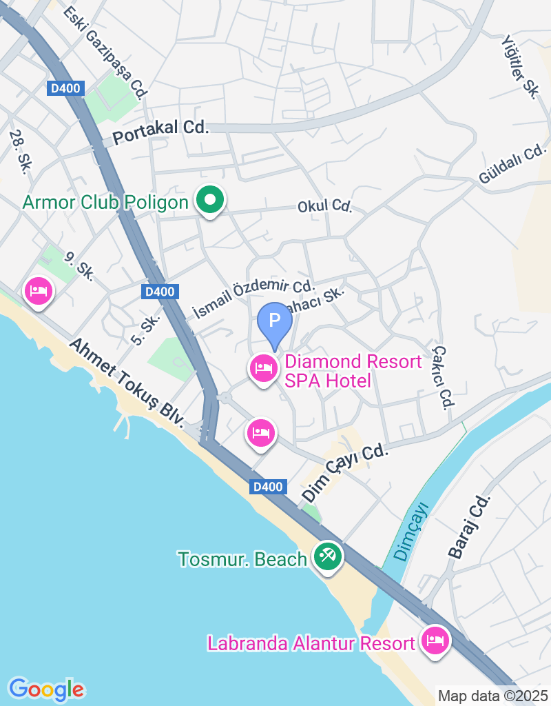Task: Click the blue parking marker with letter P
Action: [x=275, y=321]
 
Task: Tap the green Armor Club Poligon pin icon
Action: [x=211, y=201]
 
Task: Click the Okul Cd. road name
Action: [x=324, y=206]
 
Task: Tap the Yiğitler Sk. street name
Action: [x=520, y=68]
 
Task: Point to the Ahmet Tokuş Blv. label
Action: [x=127, y=382]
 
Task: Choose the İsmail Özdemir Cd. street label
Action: [x=253, y=299]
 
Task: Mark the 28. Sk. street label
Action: [x=18, y=152]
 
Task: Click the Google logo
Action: [x=46, y=689]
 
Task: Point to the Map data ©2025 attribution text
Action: [x=493, y=696]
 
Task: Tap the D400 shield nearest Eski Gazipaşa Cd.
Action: [x=66, y=88]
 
